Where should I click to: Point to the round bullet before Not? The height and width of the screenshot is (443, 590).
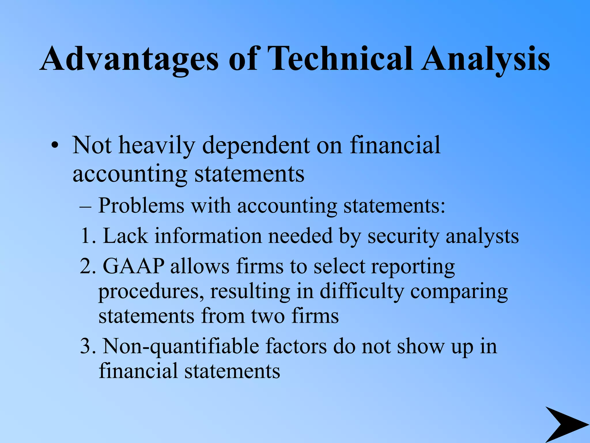click(55, 146)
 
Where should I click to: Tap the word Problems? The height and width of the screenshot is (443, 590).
click(141, 206)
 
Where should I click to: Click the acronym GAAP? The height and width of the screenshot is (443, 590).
click(134, 266)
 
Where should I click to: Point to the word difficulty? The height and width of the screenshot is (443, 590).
click(362, 292)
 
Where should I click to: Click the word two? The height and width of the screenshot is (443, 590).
click(268, 316)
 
